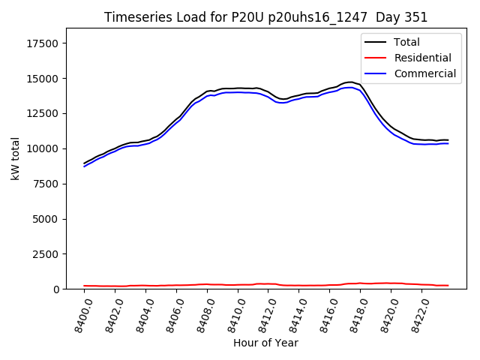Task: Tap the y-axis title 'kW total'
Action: (x=15, y=158)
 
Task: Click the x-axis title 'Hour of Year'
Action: (x=265, y=343)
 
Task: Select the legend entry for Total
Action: (x=406, y=42)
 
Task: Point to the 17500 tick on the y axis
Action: (x=43, y=43)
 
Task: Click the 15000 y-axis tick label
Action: (x=43, y=79)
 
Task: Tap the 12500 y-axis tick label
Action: (x=43, y=113)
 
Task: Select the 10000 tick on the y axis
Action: (x=43, y=148)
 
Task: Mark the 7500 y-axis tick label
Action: (x=46, y=184)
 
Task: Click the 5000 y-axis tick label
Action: (x=46, y=219)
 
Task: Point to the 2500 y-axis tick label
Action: (x=46, y=254)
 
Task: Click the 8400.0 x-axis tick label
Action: (x=78, y=316)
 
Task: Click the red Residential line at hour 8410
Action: (x=238, y=285)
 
